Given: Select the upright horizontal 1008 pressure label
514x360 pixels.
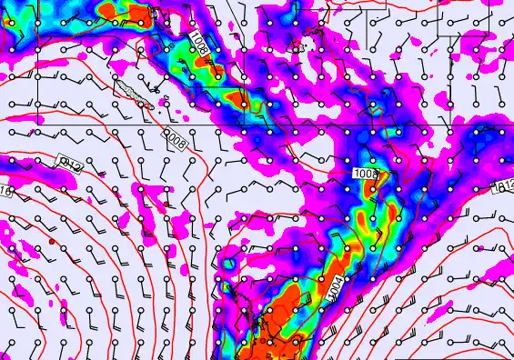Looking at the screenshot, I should tap(364, 173).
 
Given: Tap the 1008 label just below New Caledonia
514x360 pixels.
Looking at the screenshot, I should tap(175, 138).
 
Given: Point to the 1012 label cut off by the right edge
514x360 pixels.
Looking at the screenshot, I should tap(506, 186).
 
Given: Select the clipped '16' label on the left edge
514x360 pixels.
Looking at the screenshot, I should tap(5, 191).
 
